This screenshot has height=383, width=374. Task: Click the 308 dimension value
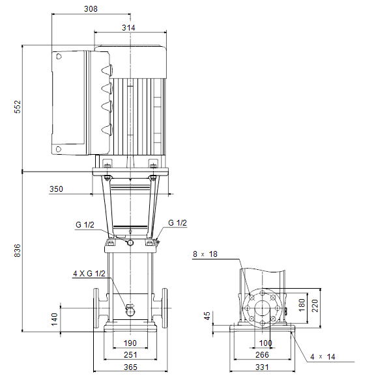click(x=91, y=9)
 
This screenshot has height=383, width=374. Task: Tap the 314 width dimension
click(x=128, y=27)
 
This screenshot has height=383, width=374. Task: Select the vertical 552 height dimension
click(x=18, y=107)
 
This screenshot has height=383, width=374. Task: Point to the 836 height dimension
click(x=18, y=250)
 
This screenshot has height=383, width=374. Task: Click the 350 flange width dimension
click(x=56, y=189)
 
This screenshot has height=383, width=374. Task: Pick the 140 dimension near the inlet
click(x=54, y=319)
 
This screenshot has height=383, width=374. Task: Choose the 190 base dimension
click(x=130, y=343)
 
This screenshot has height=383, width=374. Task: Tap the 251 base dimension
click(x=130, y=354)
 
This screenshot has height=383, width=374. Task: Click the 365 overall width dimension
click(x=130, y=367)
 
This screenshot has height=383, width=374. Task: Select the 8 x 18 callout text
click(x=205, y=254)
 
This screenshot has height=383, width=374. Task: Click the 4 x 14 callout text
click(x=323, y=357)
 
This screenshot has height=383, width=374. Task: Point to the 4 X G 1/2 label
click(x=89, y=273)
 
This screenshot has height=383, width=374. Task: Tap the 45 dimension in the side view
click(x=207, y=315)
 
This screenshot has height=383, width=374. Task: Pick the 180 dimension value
click(x=302, y=305)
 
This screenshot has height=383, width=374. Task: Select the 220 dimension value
click(x=315, y=306)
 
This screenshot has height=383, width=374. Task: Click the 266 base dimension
click(x=262, y=354)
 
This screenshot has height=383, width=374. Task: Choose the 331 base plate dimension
click(x=262, y=367)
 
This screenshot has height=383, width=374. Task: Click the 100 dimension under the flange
click(x=266, y=343)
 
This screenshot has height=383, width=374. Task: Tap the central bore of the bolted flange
click(x=263, y=308)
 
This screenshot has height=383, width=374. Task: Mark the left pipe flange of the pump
click(x=96, y=308)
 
